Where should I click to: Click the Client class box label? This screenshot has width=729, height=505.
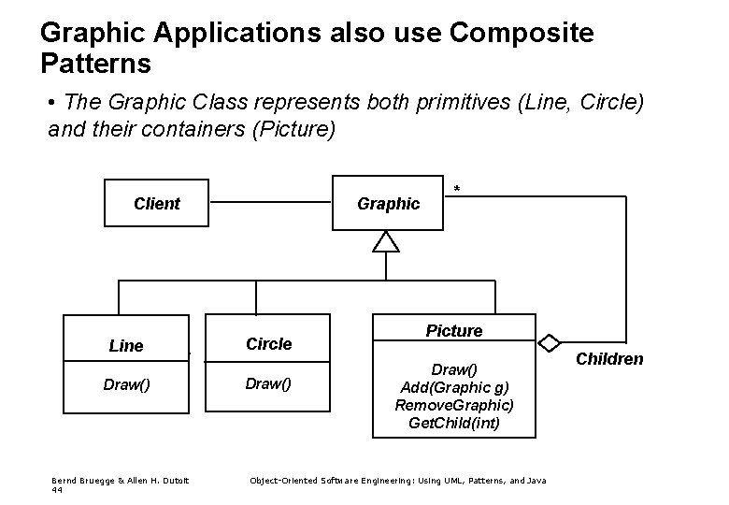(156, 203)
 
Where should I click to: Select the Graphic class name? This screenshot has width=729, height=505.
(388, 203)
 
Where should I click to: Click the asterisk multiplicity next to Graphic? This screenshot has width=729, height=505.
(457, 191)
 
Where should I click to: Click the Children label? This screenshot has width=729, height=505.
(608, 358)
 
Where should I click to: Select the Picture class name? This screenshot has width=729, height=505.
(454, 330)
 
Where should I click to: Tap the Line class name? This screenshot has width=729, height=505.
(126, 346)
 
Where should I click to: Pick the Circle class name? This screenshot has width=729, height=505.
(268, 343)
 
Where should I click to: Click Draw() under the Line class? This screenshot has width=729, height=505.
(126, 383)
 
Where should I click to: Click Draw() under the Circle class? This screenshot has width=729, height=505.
(268, 382)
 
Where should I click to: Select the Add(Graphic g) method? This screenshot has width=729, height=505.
(454, 387)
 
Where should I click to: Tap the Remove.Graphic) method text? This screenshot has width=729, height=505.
(454, 405)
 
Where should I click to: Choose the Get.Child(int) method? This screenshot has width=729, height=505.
(454, 423)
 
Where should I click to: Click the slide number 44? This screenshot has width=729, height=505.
(57, 489)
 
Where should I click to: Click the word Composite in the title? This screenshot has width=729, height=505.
(521, 33)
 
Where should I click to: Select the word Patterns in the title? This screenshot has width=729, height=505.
(95, 65)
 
